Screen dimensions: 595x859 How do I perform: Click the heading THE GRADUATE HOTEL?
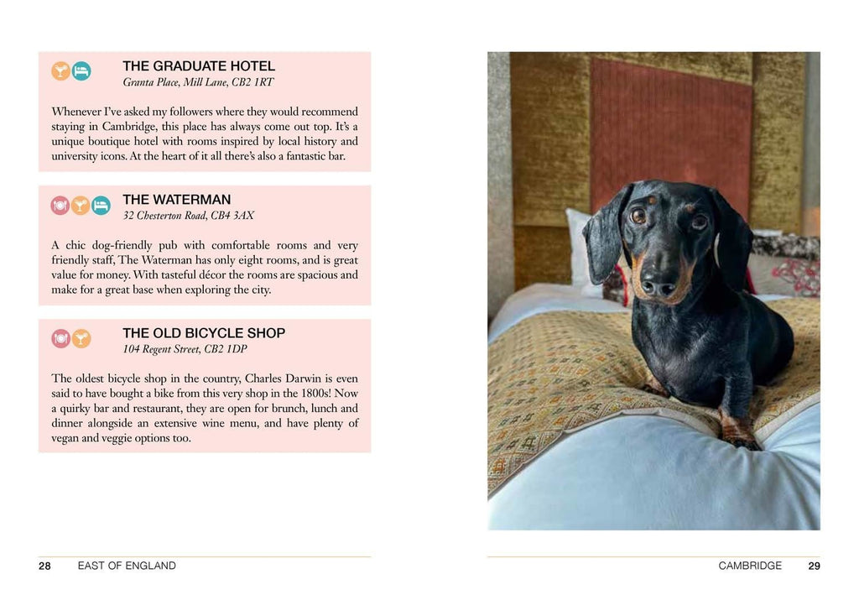click(x=199, y=66)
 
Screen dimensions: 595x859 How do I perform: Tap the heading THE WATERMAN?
click(x=176, y=200)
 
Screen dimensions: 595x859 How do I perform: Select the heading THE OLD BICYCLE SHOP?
click(x=204, y=333)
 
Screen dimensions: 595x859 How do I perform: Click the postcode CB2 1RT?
click(x=252, y=82)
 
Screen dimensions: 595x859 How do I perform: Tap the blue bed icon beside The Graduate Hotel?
click(x=81, y=70)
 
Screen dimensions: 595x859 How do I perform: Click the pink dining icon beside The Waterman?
click(x=60, y=205)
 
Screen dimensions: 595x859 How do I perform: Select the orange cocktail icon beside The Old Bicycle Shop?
click(x=81, y=338)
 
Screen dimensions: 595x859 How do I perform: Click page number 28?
click(x=44, y=566)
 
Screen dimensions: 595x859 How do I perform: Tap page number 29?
click(x=814, y=566)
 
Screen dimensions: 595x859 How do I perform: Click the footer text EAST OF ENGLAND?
click(x=127, y=566)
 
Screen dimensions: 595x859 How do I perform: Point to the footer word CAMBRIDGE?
click(x=750, y=566)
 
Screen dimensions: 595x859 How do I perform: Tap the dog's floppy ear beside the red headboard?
click(x=606, y=234)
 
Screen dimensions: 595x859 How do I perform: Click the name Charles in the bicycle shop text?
click(x=267, y=378)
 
